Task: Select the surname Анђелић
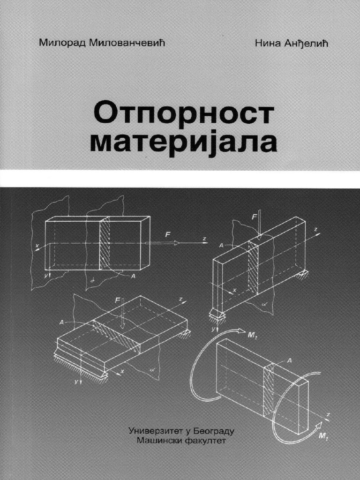pyautogui.click(x=303, y=43)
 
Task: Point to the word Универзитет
pyautogui.click(x=155, y=429)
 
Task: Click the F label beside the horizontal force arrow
pyautogui.click(x=167, y=232)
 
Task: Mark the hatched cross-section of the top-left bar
pyautogui.click(x=105, y=244)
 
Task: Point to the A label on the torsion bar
pyautogui.click(x=289, y=360)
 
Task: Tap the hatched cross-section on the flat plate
pyautogui.click(x=117, y=335)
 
